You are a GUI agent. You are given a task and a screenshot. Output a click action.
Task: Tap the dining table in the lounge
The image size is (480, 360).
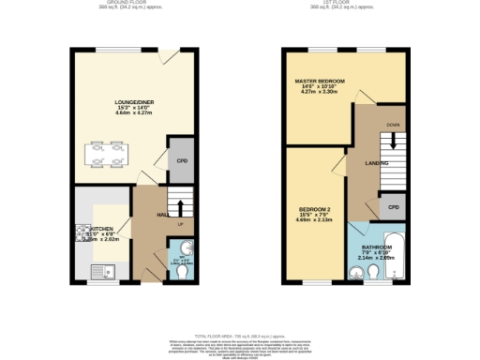coord(106,153)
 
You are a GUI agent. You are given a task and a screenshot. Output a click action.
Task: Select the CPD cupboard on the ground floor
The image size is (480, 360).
coord(182,160)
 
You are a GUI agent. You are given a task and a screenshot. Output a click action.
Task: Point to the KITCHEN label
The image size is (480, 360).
coord(102,228)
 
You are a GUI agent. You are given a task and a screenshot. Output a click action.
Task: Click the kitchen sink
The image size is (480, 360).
coord(97,272)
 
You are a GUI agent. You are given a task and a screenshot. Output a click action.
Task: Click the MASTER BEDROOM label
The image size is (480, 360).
coord(320,82)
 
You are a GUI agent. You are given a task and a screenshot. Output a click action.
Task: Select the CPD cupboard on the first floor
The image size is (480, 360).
coord(394,206)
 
